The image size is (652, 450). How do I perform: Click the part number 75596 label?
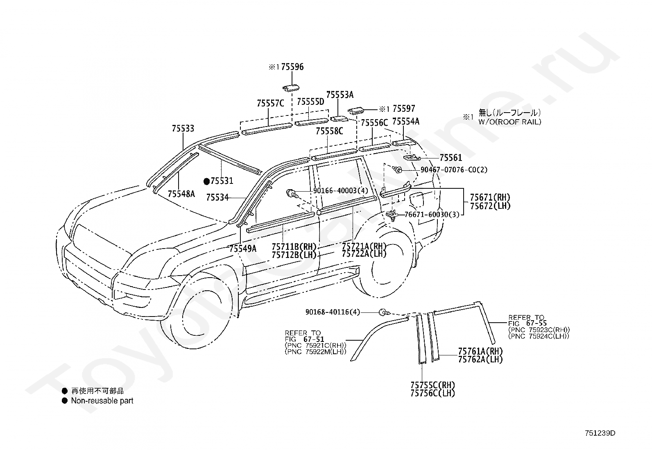pyautogui.click(x=292, y=67)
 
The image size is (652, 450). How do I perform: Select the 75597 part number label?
pyautogui.click(x=404, y=109)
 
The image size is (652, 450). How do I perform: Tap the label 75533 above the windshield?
pyautogui.click(x=183, y=128)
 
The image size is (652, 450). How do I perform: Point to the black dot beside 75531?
pyautogui.click(x=207, y=181)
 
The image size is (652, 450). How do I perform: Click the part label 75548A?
pyautogui.click(x=181, y=194)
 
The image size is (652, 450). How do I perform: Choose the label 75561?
pyautogui.click(x=451, y=158)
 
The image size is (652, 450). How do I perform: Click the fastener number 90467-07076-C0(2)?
pyautogui.click(x=454, y=170)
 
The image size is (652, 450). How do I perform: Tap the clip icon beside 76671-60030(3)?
pyautogui.click(x=392, y=215)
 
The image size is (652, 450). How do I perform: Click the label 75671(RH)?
pyautogui.click(x=490, y=197)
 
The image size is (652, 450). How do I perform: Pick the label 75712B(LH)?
pyautogui.click(x=294, y=255)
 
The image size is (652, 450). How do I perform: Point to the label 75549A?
pyautogui.click(x=243, y=249)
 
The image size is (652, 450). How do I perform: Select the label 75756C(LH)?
pyautogui.click(x=432, y=393)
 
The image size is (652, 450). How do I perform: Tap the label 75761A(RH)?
pyautogui.click(x=480, y=351)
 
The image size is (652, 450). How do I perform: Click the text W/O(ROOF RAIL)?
pyautogui.click(x=510, y=122)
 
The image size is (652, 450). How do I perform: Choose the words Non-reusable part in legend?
pyautogui.click(x=102, y=401)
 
